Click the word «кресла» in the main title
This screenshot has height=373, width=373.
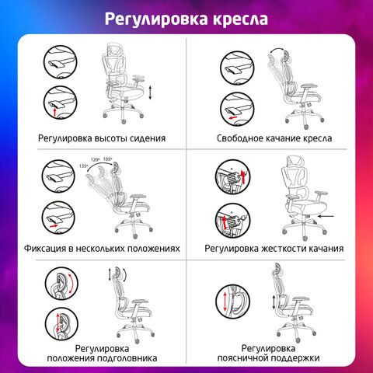(x=240, y=19)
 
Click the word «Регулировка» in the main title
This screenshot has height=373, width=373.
(x=156, y=19)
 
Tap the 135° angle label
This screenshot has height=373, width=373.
(x=84, y=166)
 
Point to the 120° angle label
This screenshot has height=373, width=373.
(x=95, y=160)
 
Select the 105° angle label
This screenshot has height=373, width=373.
(x=107, y=159)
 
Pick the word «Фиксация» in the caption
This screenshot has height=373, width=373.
(x=45, y=249)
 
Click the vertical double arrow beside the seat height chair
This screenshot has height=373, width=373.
(x=150, y=92)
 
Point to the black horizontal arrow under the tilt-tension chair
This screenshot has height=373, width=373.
(x=326, y=216)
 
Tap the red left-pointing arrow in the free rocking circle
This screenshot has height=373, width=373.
(x=233, y=118)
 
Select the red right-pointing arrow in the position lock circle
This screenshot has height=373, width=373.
(x=54, y=226)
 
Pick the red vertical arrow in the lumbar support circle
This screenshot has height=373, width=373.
(x=225, y=302)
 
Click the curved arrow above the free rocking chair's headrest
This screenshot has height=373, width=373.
(x=276, y=51)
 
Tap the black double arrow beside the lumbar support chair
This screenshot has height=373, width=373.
(x=274, y=302)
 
